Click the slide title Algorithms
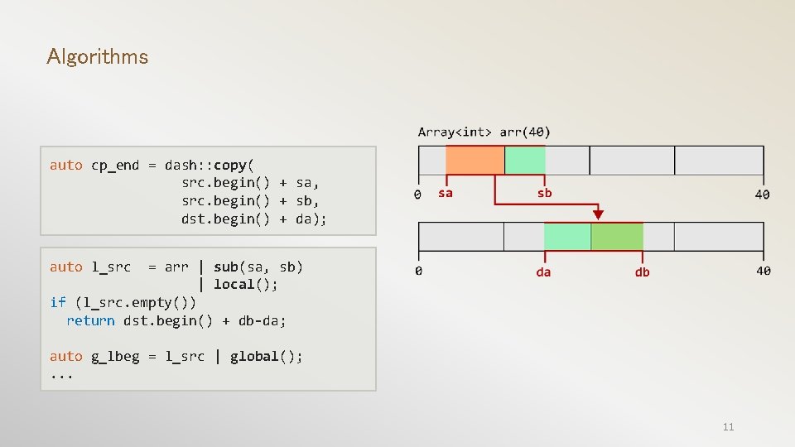98,57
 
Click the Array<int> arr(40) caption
484,132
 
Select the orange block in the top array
475,160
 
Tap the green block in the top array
525,160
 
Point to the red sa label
446,193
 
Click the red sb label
544,193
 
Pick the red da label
543,272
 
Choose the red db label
642,272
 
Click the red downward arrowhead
598,214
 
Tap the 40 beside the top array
762,194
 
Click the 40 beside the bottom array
763,271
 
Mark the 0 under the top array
417,195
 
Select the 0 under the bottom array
418,271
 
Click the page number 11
728,427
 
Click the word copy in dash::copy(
230,165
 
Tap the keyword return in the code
90,320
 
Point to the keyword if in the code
58,302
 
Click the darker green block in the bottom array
617,237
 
